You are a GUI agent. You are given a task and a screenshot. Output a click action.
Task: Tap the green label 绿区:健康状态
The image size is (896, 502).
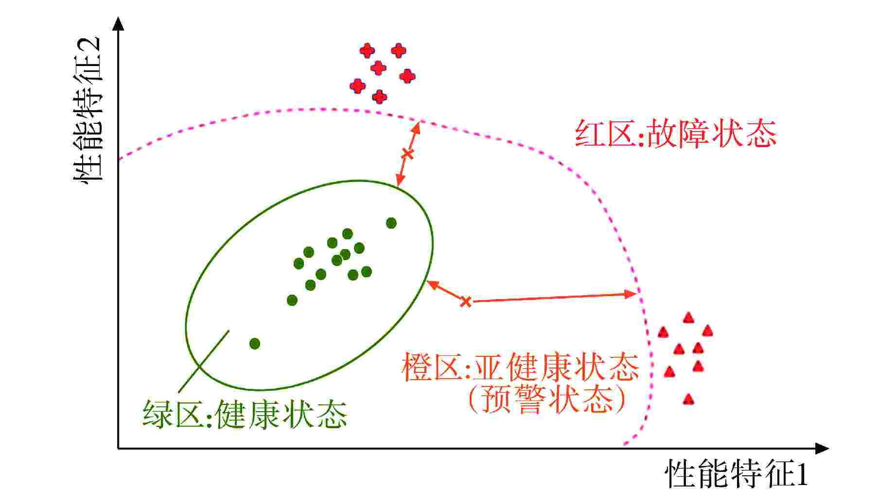[245, 414]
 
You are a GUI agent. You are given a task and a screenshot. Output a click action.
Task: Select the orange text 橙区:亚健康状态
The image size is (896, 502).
[520, 368]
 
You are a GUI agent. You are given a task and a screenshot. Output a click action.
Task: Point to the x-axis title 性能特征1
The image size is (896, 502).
[736, 474]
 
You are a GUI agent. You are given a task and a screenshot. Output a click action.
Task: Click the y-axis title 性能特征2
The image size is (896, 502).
[88, 109]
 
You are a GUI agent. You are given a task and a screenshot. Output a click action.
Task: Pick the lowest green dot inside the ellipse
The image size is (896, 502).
[255, 344]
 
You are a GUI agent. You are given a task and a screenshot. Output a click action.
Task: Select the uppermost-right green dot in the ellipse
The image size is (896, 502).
[391, 223]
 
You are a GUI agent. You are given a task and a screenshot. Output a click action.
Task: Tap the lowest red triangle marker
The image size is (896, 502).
[688, 399]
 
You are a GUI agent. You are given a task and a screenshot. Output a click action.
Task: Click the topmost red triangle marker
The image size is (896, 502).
[688, 318]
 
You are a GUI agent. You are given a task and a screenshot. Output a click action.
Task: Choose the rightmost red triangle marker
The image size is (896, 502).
[707, 331]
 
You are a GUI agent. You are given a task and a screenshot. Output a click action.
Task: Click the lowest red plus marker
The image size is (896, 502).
[380, 97]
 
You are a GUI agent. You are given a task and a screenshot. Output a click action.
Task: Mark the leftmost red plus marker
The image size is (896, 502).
[357, 86]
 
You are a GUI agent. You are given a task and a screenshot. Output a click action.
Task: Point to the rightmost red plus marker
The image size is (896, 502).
[407, 76]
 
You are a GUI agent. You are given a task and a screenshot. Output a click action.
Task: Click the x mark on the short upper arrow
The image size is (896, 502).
[407, 154]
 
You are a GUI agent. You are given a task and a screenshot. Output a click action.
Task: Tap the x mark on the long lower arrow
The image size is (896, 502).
[466, 301]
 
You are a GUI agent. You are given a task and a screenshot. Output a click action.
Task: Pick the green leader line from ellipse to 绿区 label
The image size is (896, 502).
[203, 362]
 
